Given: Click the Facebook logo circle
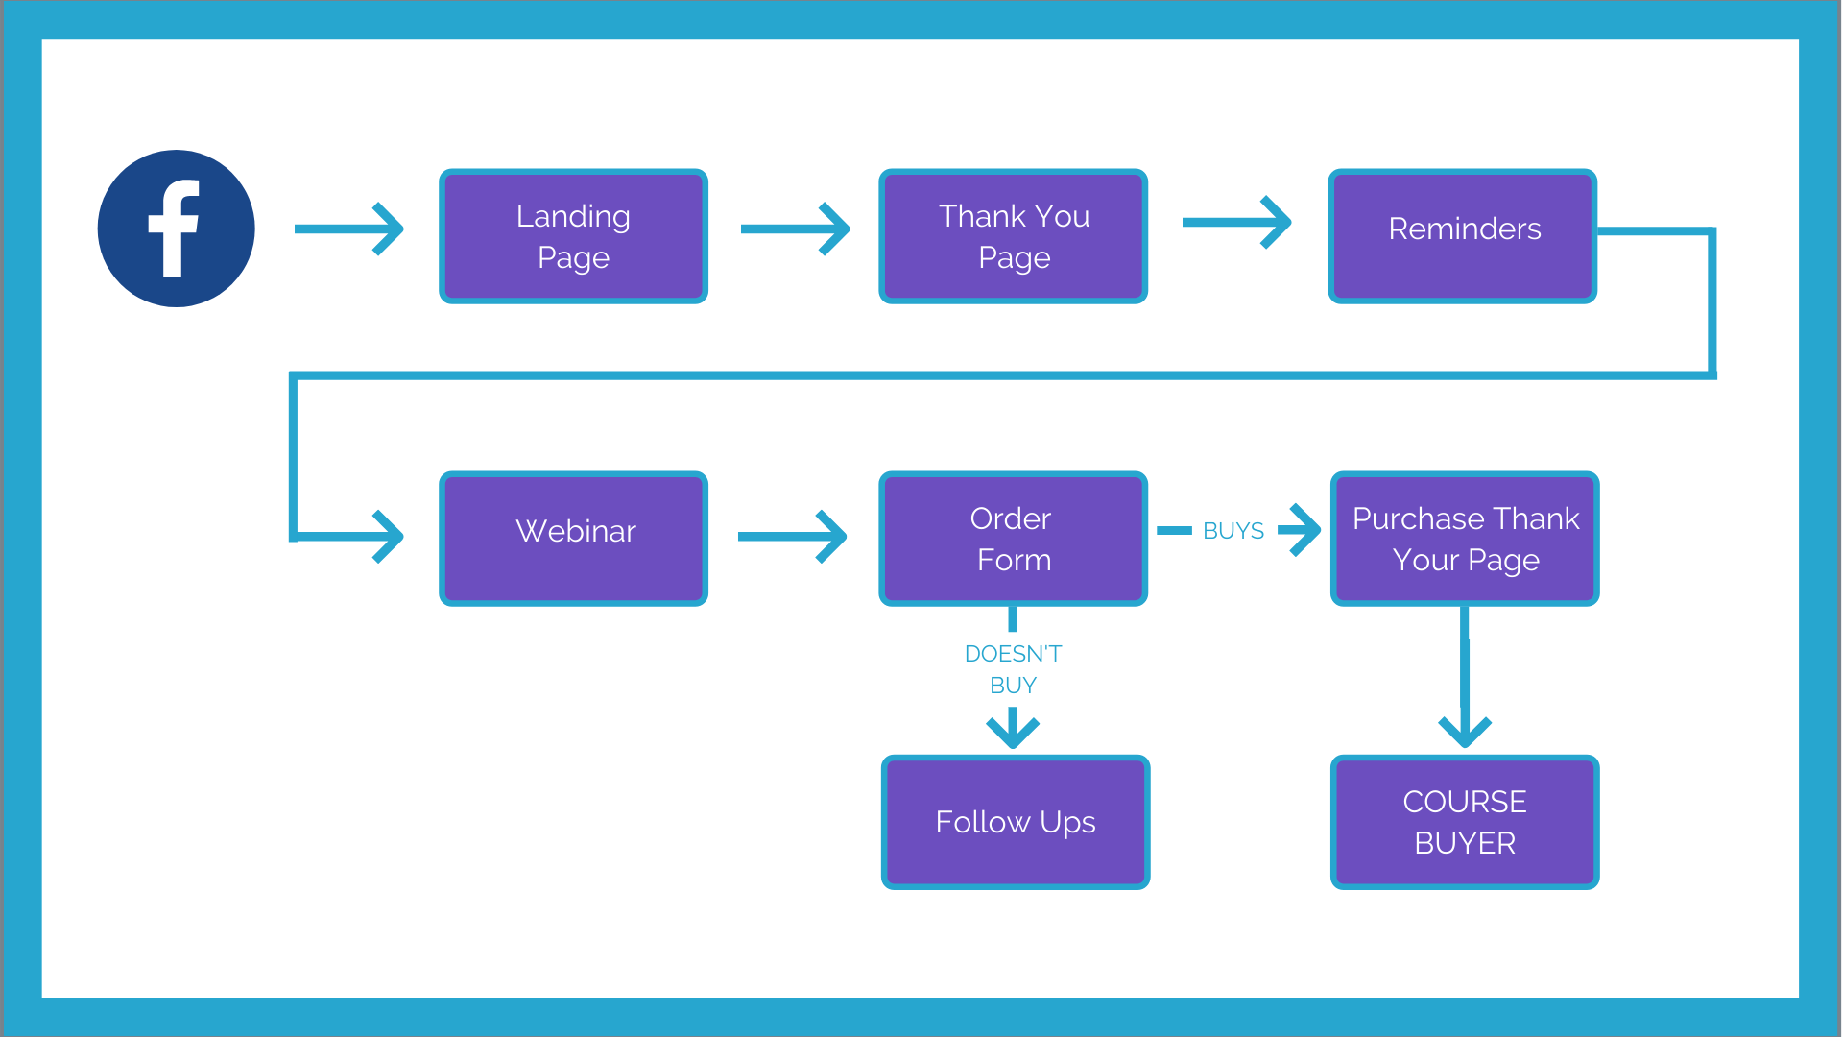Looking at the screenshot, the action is click(x=176, y=229).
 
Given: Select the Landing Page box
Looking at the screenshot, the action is click(x=573, y=236).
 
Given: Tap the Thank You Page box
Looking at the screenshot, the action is click(x=1013, y=236).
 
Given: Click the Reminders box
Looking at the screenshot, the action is click(x=1462, y=236).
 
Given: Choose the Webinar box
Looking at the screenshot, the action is click(x=573, y=539).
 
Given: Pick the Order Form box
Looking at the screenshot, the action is click(x=1013, y=539).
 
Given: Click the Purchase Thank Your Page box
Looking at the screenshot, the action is click(x=1465, y=539).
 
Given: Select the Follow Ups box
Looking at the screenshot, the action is click(x=1016, y=822).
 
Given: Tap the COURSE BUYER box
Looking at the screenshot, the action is click(x=1465, y=822).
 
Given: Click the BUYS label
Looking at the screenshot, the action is click(x=1233, y=531).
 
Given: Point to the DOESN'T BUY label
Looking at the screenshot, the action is click(x=1013, y=669).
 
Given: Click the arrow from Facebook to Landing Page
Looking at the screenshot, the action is click(x=349, y=229).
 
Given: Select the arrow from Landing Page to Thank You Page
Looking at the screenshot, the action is click(x=796, y=229).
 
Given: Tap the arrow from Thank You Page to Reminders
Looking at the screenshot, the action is click(x=1237, y=222).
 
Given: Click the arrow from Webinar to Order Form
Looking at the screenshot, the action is click(x=793, y=536).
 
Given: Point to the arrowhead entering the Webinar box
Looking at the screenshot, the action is click(x=388, y=536).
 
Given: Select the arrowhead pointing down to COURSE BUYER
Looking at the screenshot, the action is click(x=1465, y=732).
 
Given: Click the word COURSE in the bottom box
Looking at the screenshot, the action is click(x=1465, y=802).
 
